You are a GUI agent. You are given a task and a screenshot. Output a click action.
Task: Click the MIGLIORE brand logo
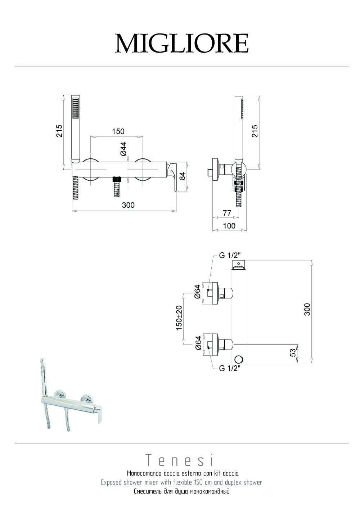pos(181,44)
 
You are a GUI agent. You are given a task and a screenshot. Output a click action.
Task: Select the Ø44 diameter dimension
pos(123,149)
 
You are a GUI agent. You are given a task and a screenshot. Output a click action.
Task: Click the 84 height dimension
pos(183,176)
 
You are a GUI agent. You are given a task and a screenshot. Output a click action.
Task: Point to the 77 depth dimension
pos(227,213)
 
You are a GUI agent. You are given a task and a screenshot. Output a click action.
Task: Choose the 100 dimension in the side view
pos(229,226)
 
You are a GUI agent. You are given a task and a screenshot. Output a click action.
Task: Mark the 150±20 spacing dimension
pos(179,317)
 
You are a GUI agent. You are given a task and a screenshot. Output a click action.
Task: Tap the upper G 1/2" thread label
pos(233,256)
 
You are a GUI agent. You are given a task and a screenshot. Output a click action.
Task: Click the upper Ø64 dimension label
pos(197,291)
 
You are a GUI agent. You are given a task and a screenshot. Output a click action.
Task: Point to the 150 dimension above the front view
pos(118,131)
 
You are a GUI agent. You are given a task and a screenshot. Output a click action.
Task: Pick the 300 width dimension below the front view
pos(128,205)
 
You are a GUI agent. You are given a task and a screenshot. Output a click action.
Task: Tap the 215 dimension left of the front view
pos(59,131)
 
